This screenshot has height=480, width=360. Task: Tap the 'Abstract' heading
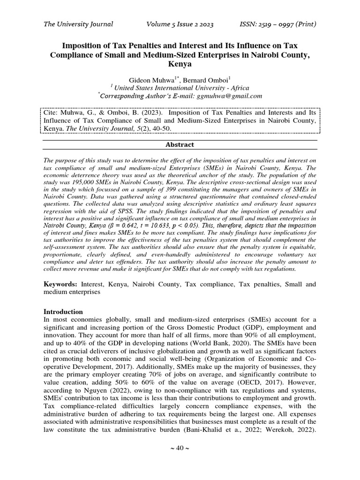pyautogui.click(x=180, y=145)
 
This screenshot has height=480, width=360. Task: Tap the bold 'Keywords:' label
pyautogui.click(x=60, y=285)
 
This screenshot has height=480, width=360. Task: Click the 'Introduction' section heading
pyautogui.click(x=63, y=312)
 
